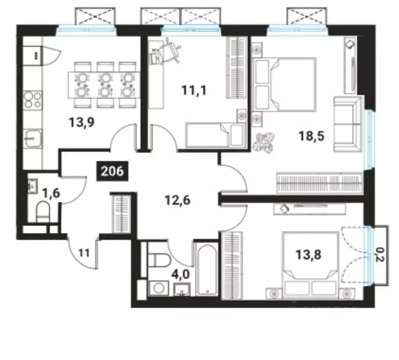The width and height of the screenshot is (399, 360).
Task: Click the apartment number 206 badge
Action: pyautogui.click(x=112, y=171)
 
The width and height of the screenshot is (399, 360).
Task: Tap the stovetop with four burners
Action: pyautogui.click(x=33, y=99)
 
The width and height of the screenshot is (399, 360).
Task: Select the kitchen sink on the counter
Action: pyautogui.click(x=32, y=138)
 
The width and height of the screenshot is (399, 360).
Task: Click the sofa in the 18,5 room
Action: pyautogui.click(x=347, y=124)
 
